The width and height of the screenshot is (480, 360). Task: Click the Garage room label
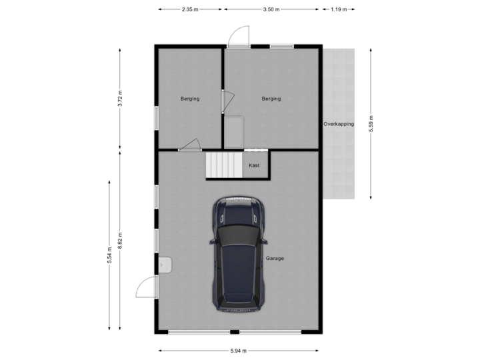275,259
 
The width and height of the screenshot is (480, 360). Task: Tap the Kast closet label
254,165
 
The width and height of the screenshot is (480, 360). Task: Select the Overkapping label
339,124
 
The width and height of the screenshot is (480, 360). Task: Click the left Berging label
190,99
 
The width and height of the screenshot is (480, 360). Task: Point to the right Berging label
271,99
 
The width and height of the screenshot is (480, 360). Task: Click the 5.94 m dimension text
239,351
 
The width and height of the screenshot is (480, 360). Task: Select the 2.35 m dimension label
190,10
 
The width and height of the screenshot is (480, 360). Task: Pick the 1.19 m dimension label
339,10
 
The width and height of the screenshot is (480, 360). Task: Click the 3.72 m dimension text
120,99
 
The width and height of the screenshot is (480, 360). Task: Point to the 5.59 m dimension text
371,124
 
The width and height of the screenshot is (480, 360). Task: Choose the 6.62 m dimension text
120,240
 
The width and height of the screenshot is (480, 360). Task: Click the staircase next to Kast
224,165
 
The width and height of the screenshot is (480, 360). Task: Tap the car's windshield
238,237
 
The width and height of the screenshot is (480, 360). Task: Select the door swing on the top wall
239,35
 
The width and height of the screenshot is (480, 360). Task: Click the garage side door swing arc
145,287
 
